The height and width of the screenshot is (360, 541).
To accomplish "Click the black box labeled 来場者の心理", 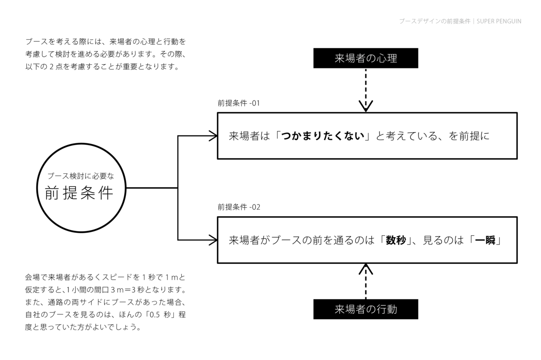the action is [x=365, y=58].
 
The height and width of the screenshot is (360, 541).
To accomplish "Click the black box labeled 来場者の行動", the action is [x=365, y=309].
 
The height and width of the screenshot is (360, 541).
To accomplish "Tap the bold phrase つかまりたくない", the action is [x=323, y=136].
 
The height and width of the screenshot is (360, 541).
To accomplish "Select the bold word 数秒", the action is [x=396, y=240].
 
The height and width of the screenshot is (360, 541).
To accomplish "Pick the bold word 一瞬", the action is [x=485, y=240].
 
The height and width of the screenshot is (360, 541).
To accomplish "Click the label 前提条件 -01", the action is [x=239, y=103].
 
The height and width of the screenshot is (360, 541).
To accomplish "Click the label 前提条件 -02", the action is [x=239, y=207].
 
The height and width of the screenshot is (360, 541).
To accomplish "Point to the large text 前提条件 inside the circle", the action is [x=80, y=192].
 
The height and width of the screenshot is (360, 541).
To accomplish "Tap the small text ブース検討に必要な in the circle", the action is [x=81, y=176].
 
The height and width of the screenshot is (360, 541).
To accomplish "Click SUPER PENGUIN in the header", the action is [x=499, y=21].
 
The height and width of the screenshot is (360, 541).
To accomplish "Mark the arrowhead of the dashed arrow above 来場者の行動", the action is [x=366, y=269].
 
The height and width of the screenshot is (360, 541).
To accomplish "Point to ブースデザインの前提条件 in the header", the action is [x=435, y=21].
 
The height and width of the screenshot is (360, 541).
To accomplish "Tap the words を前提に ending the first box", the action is [x=469, y=136].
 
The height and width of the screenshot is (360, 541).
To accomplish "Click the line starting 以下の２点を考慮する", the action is [x=103, y=66].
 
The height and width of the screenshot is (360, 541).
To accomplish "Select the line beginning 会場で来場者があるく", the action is [x=105, y=277].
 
